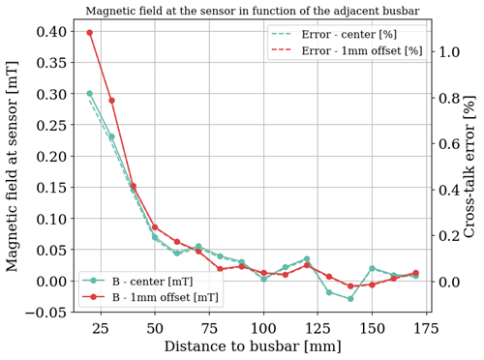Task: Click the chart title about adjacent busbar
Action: point(253,11)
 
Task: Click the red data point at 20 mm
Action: point(90,32)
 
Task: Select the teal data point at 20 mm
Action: point(90,94)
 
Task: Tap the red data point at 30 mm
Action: point(111,101)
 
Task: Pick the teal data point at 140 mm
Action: point(350,298)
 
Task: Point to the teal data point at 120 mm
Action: point(307,259)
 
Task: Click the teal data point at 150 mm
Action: point(372,268)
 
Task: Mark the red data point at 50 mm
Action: point(155,227)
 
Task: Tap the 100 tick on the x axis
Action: point(263,328)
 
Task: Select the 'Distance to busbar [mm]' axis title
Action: point(252,346)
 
